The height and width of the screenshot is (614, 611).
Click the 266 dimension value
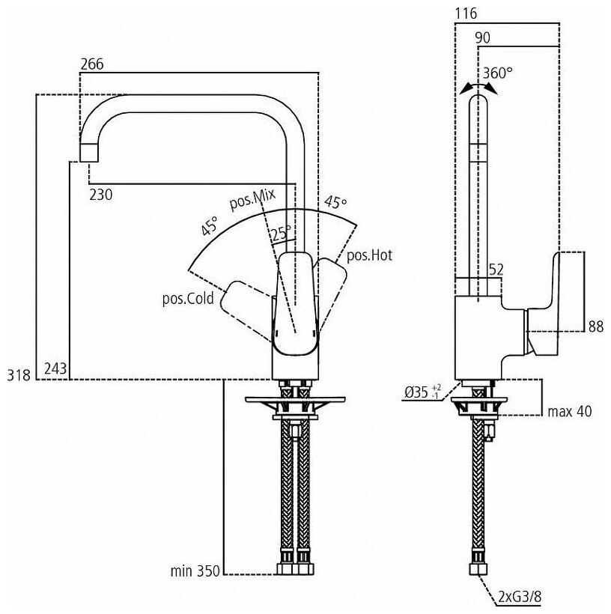point(92,65)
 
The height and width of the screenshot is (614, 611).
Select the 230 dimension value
point(101,195)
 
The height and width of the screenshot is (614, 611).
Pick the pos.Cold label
point(188,300)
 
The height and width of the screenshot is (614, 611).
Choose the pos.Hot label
point(369,255)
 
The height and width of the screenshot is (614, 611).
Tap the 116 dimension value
point(465,14)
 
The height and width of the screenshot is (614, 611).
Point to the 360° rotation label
point(498,73)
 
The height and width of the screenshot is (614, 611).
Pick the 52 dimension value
point(496,269)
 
